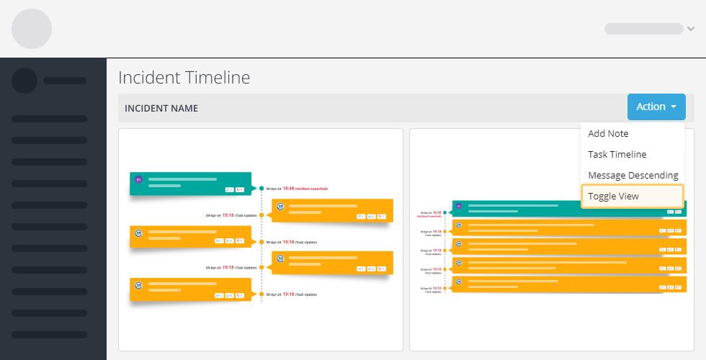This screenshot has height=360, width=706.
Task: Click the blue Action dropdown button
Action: [x=656, y=107]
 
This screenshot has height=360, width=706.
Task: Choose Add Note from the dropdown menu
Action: [x=608, y=133]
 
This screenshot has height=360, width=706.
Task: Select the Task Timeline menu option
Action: [x=617, y=154]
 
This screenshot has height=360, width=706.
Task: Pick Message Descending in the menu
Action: [x=633, y=175]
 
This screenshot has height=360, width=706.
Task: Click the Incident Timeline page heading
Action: [x=184, y=77]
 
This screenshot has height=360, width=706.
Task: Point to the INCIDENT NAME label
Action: [x=161, y=108]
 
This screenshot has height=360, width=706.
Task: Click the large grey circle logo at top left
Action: [x=32, y=29]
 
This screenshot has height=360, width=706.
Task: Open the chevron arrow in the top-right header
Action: [x=691, y=29]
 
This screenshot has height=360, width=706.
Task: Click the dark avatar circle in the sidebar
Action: [x=24, y=81]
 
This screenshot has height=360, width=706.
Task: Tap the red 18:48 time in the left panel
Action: [x=288, y=189]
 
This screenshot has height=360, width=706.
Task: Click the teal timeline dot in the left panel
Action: [x=262, y=189]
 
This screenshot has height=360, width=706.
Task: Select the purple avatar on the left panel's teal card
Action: [x=139, y=179]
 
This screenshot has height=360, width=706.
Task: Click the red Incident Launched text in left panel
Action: [x=311, y=189]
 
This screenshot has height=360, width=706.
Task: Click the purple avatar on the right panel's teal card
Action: [x=458, y=206]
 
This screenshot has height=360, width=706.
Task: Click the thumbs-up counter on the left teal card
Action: [x=230, y=190]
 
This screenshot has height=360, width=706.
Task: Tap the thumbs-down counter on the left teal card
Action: [x=241, y=190]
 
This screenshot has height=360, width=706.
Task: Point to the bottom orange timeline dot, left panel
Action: [x=262, y=294]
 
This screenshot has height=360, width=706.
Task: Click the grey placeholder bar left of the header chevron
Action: [x=643, y=29]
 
